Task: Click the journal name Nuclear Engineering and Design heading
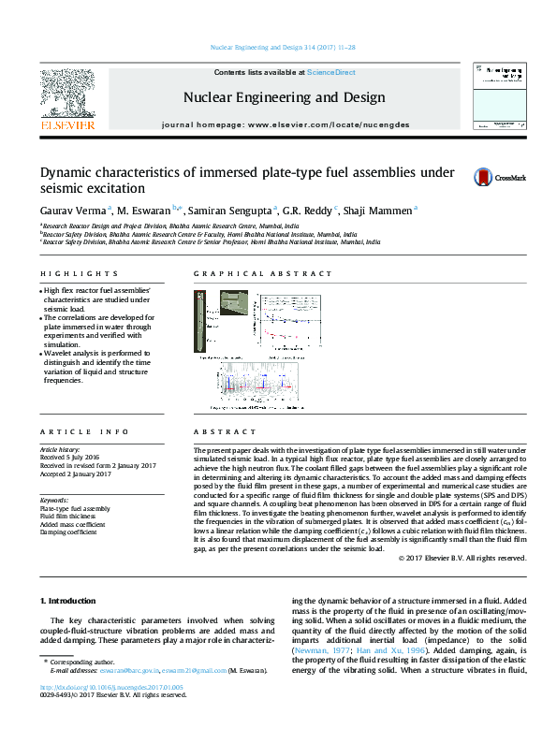[x=284, y=97]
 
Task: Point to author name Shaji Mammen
[x=378, y=211]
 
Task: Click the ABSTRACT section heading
[x=216, y=431]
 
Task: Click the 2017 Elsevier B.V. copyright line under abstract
[x=462, y=558]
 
